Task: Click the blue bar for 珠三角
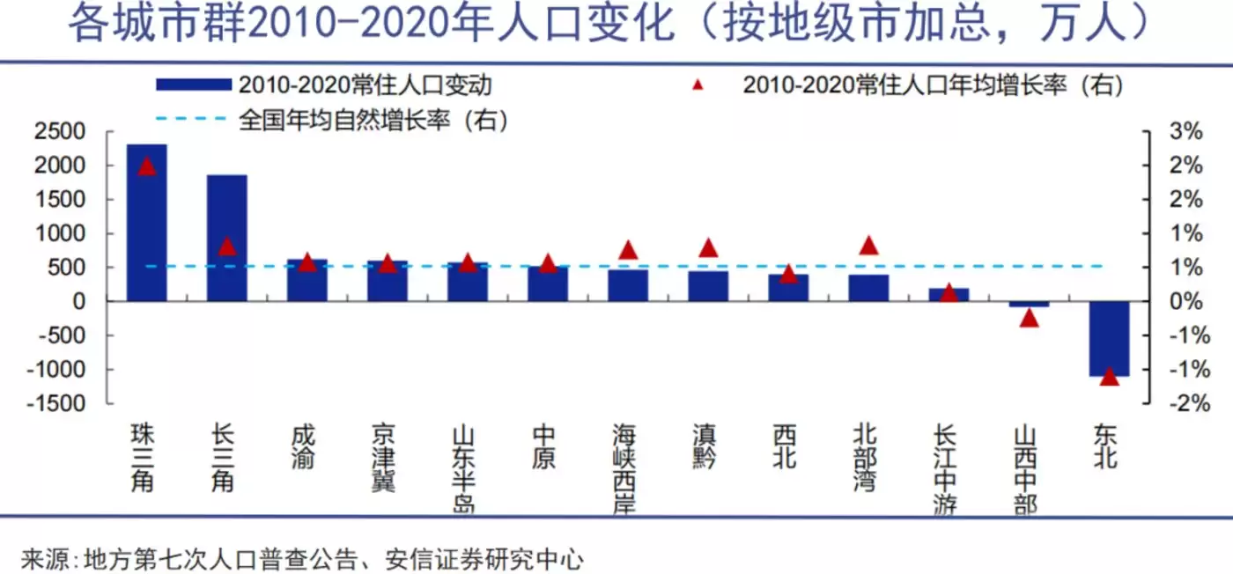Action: click(x=146, y=224)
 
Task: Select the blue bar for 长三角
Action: click(x=226, y=238)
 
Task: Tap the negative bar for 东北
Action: click(x=1109, y=338)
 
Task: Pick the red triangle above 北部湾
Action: click(x=868, y=246)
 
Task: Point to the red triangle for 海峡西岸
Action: click(x=628, y=251)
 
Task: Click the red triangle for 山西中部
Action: click(x=1030, y=318)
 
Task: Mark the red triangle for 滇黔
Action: click(x=708, y=248)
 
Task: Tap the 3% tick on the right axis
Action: click(x=1185, y=132)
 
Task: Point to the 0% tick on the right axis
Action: click(x=1185, y=301)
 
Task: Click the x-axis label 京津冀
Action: click(x=384, y=458)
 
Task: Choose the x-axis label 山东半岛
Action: click(x=464, y=469)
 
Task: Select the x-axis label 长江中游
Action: click(x=948, y=469)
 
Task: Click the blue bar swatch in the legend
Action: click(x=192, y=85)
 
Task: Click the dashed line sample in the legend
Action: click(x=192, y=119)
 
